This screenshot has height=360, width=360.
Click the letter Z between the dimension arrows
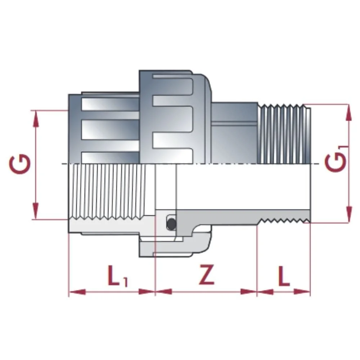(x=207, y=275)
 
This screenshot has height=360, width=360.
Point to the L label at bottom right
(x=283, y=276)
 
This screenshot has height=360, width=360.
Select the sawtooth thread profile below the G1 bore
(x=283, y=220)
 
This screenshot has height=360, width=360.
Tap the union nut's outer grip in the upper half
(x=173, y=115)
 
